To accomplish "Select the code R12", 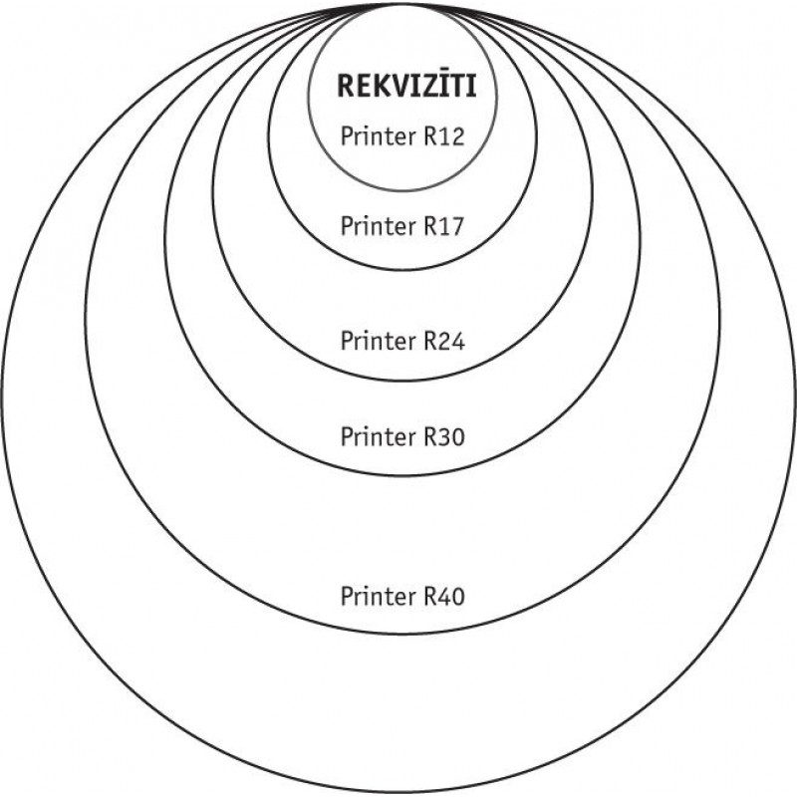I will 444,136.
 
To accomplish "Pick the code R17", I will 444,226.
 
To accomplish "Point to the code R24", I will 444,342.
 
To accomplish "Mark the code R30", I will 444,436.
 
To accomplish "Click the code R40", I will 444,597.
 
